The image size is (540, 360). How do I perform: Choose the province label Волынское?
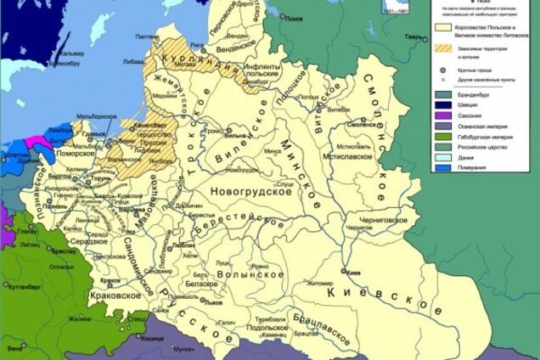250,275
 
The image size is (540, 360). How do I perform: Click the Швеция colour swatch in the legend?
443,108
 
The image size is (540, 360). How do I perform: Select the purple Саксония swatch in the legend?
443,120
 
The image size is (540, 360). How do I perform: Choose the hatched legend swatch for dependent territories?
443,48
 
